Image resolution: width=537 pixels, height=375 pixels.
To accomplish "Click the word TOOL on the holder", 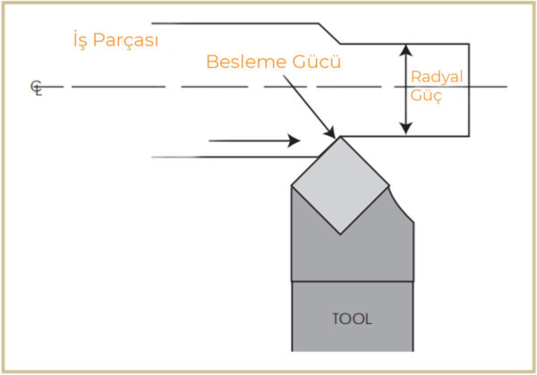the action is pyautogui.click(x=352, y=320).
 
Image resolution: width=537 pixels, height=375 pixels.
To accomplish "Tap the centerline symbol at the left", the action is pyautogui.click(x=37, y=88).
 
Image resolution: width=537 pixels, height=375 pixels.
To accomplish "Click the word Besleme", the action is pyautogui.click(x=246, y=62).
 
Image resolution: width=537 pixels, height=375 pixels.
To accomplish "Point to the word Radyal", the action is pyautogui.click(x=437, y=77).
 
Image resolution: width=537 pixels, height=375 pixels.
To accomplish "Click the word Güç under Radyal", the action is pyautogui.click(x=426, y=95).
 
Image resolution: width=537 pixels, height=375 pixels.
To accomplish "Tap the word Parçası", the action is pyautogui.click(x=125, y=40).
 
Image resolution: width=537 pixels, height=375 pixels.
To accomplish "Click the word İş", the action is pyautogui.click(x=81, y=39).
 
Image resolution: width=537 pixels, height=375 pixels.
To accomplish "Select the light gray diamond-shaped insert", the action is pyautogui.click(x=340, y=185).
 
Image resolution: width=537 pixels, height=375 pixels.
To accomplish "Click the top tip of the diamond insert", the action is pyautogui.click(x=340, y=137).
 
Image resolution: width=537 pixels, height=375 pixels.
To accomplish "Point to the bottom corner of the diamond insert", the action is pyautogui.click(x=340, y=234).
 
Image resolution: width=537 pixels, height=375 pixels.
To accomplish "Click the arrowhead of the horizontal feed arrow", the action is pyautogui.click(x=294, y=141).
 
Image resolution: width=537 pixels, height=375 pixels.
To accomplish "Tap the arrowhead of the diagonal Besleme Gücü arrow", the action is pyautogui.click(x=330, y=132).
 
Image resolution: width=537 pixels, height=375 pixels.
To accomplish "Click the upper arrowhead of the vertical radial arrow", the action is pyautogui.click(x=405, y=50).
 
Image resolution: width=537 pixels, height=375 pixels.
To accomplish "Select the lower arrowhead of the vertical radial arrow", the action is pyautogui.click(x=405, y=129).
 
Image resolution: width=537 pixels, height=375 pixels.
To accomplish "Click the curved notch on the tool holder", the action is pyautogui.click(x=399, y=207).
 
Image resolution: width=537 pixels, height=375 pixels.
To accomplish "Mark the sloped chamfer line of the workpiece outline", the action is pyautogui.click(x=329, y=33).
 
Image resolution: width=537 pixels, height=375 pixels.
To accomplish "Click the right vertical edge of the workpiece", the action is pyautogui.click(x=469, y=90).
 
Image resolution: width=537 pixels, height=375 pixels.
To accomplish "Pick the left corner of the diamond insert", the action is pyautogui.click(x=292, y=186).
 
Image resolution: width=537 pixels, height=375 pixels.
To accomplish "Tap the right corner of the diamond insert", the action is pyautogui.click(x=388, y=186).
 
